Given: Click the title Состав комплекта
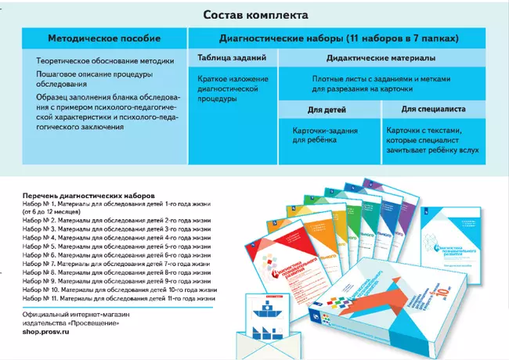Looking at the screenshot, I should coord(255,15).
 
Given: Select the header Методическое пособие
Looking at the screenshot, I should coord(104,38).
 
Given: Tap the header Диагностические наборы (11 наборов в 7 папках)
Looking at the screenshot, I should coord(339,38).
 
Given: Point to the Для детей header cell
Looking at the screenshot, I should coord(322,110).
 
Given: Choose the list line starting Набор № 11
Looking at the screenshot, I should coord(119,297).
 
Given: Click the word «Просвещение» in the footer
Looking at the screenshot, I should coord(96,322).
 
